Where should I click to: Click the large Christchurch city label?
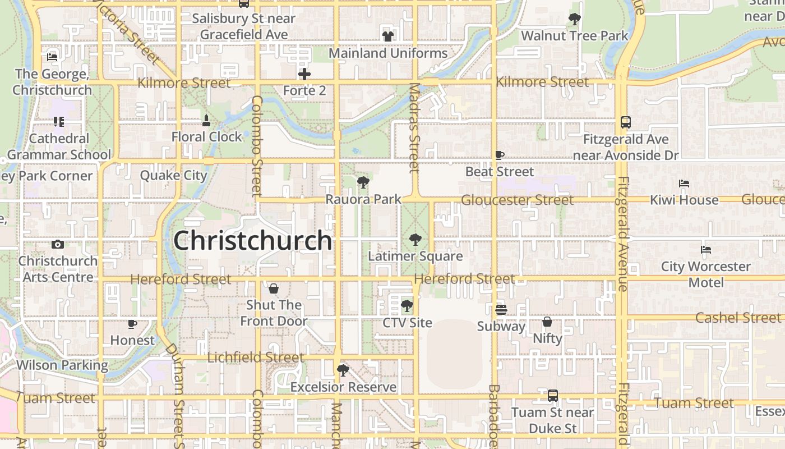coord(252,240)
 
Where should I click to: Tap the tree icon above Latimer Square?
coord(415,240)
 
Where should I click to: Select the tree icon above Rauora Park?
coord(363,182)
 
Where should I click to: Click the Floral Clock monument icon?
coord(206,120)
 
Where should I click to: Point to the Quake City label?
coord(173,175)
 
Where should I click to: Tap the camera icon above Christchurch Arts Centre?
coord(57,244)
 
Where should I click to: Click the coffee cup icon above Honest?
coord(132,324)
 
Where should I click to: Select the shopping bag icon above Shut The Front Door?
coord(274,288)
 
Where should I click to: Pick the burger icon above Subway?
coord(501,309)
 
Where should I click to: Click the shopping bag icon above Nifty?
coord(547,322)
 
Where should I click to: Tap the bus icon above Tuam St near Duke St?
coord(553,396)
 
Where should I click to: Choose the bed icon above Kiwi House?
coord(684,183)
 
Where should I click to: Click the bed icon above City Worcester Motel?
coord(706,249)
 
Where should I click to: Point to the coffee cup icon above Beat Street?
coord(500,155)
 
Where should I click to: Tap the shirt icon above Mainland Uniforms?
coord(387,36)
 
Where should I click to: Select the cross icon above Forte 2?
coord(304,74)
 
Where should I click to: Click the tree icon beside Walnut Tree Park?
coord(574,19)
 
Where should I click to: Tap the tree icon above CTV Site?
coord(407,306)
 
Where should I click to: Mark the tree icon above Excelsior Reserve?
coord(343,370)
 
